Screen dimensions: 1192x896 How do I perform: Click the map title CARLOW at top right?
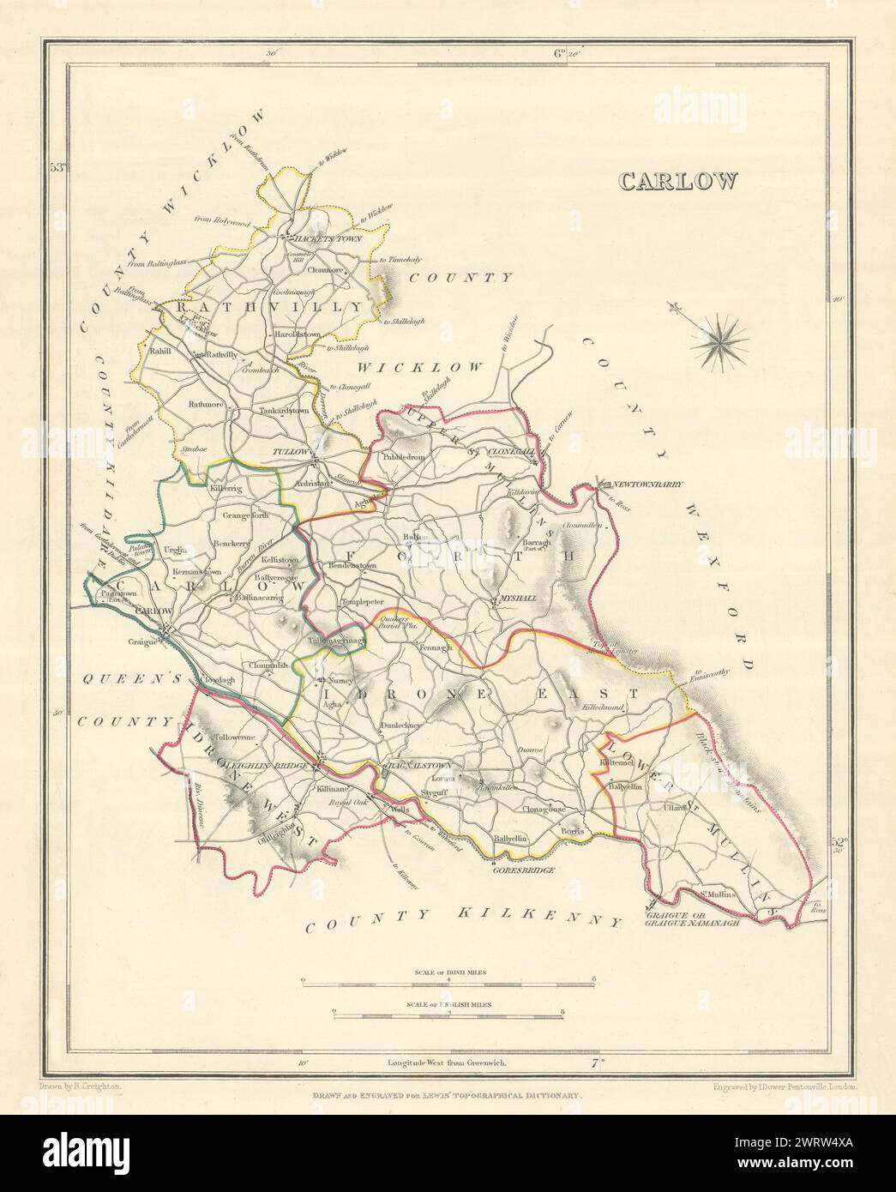[677, 181]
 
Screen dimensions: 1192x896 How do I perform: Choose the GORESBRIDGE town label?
[518, 870]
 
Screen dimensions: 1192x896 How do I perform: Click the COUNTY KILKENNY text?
[463, 922]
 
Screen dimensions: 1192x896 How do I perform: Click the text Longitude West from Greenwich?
[447, 1062]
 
